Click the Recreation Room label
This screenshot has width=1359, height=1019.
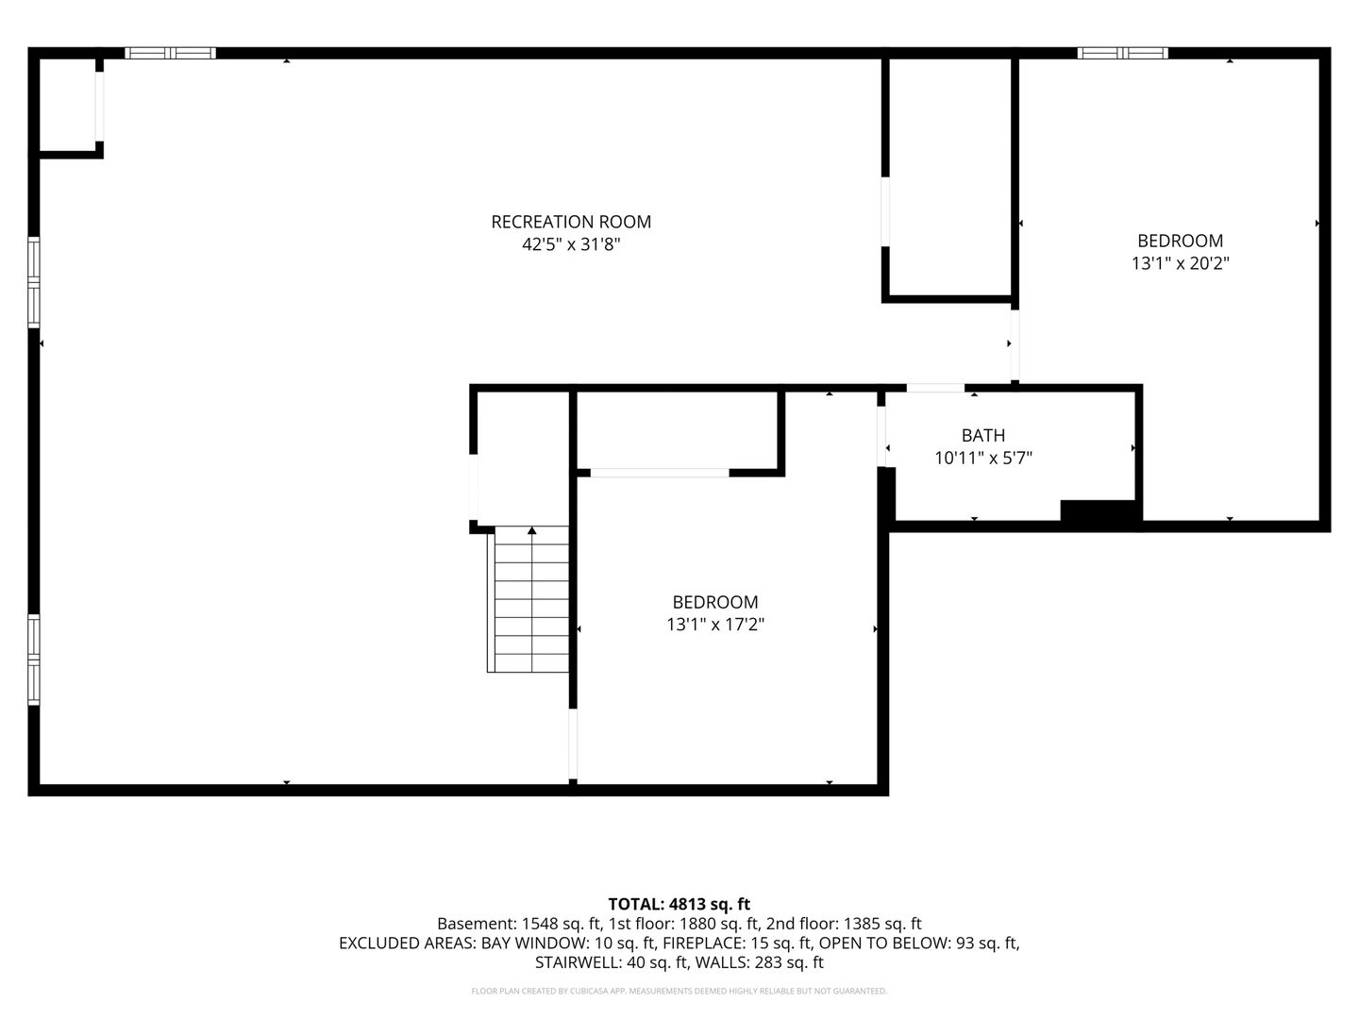[x=571, y=222]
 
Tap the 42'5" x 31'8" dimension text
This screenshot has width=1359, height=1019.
[x=571, y=244]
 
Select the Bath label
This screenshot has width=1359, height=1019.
[x=983, y=436]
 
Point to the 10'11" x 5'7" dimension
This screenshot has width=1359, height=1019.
[x=983, y=459]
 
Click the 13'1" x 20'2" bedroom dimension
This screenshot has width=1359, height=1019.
[x=1180, y=263]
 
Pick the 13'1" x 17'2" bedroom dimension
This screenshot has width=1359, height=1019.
[x=715, y=625]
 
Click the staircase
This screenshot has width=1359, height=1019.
[x=528, y=599]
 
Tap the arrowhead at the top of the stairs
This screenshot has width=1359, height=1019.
[x=532, y=530]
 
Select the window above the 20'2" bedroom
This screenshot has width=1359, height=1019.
[x=1122, y=53]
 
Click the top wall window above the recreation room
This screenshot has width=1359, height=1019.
[x=170, y=53]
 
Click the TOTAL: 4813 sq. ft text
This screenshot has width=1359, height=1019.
[x=679, y=905]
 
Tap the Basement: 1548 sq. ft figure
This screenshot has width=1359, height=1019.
[x=519, y=924]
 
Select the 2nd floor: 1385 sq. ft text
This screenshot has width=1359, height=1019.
[x=844, y=924]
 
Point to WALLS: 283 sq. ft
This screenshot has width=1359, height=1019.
[x=760, y=962]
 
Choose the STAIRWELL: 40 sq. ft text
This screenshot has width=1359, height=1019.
[x=612, y=962]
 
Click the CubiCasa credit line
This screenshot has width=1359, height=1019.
[x=679, y=991]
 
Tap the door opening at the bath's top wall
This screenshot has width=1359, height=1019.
[x=935, y=388]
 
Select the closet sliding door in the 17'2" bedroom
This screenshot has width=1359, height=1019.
[x=660, y=473]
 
